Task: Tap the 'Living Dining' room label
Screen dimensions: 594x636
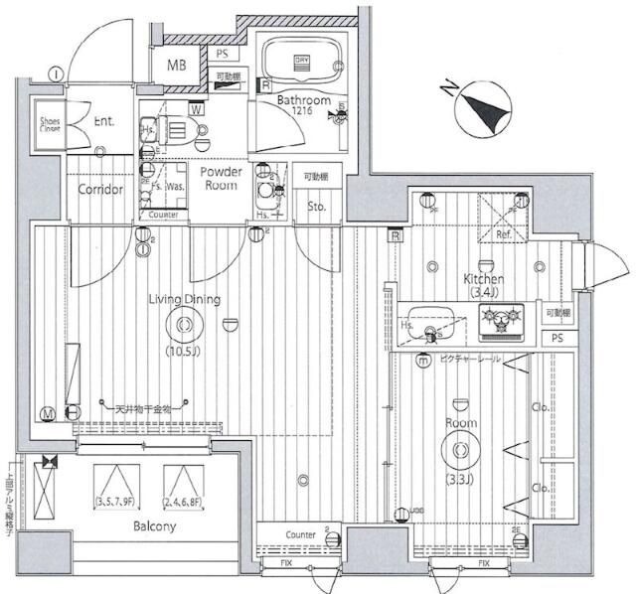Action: coord(185,299)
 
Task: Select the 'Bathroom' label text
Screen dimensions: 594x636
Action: coord(303,100)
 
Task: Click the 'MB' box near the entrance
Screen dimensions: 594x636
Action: coord(176,67)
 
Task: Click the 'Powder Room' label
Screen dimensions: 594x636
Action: coord(222,178)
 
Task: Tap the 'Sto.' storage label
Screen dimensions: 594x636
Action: coord(316,207)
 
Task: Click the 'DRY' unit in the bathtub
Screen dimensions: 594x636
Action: coord(303,61)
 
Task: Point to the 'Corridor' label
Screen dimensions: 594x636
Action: coord(100,190)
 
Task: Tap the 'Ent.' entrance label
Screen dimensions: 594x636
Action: coord(104,121)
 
